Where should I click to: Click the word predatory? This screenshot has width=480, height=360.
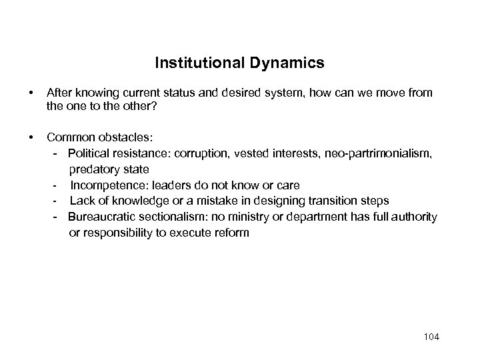[x=94, y=169]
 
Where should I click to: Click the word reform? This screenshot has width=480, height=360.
[x=230, y=233]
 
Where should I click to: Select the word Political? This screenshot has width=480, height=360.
[x=88, y=154]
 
